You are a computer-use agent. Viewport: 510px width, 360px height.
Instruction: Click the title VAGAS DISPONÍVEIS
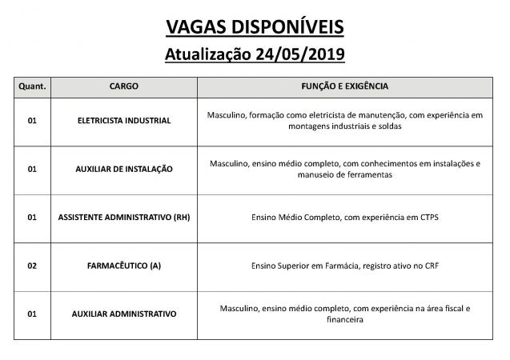tap(255, 28)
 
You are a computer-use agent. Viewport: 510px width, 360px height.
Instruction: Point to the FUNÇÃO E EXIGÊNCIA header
tap(345, 84)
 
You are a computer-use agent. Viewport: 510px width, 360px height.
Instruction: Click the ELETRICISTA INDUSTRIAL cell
tap(123, 121)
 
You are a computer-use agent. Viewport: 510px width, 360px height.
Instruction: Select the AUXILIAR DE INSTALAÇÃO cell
tap(123, 169)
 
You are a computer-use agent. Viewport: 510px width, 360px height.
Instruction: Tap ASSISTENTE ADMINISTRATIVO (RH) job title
tap(123, 217)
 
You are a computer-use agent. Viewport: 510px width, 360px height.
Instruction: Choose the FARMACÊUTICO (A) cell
tap(123, 265)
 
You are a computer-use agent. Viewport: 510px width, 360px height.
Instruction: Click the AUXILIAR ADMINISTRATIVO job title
tap(123, 314)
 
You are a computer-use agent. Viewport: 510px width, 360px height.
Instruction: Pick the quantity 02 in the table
tap(32, 265)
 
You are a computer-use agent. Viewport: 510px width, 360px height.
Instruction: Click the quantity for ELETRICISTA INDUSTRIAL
tap(32, 121)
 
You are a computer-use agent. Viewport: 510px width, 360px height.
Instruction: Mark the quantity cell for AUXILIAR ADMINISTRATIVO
tap(32, 314)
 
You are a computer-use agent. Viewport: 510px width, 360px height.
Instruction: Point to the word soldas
tap(388, 126)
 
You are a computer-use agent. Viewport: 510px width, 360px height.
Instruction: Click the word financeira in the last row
tap(345, 319)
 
